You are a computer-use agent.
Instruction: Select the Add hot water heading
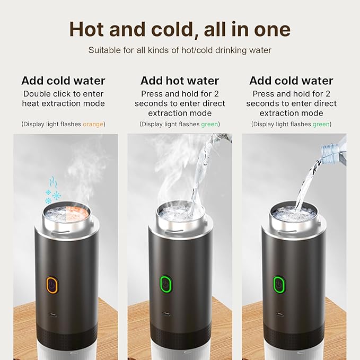[x=180, y=81]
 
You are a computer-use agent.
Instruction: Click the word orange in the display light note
[x=93, y=124]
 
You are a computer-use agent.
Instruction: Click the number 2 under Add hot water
[x=216, y=94]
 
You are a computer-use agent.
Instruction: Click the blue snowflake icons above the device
[x=52, y=190]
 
